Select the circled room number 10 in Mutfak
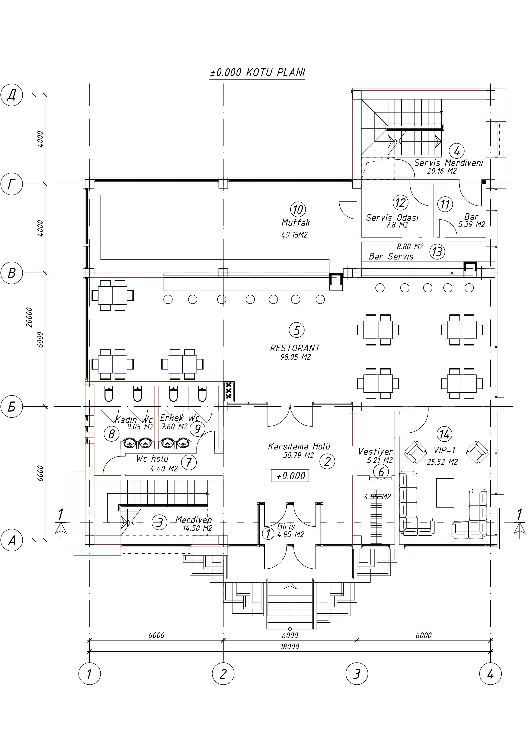298,209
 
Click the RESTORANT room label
295,348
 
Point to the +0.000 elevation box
290,476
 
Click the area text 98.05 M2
296,357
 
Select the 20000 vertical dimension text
30,317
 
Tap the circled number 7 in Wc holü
189,462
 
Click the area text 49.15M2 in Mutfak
294,235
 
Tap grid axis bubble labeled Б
12,407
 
